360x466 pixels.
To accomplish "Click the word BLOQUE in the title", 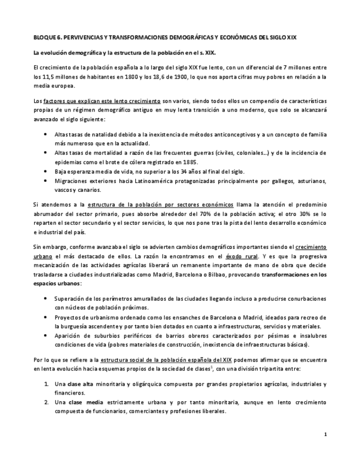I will pyautogui.click(x=46, y=38).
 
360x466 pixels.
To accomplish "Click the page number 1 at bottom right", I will pyautogui.click(x=325, y=435).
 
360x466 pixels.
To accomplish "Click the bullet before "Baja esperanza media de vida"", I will pyautogui.click(x=45, y=171).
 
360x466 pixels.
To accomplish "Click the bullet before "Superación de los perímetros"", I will pyautogui.click(x=45, y=299).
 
